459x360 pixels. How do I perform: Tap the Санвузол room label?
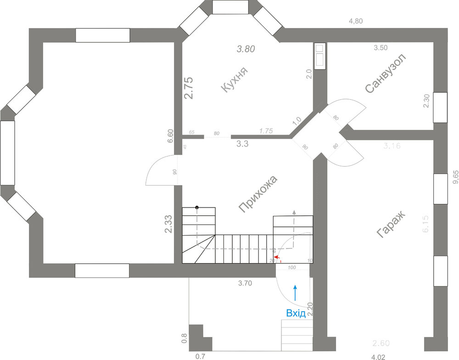(386, 73)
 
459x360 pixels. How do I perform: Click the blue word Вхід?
(296, 314)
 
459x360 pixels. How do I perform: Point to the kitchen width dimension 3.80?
(246, 48)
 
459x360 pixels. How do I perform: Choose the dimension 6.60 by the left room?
(171, 136)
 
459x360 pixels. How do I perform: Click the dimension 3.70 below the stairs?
(245, 283)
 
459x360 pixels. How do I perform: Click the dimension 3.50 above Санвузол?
(381, 47)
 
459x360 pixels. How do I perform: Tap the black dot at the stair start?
(197, 208)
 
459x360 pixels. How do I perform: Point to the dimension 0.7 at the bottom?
(201, 356)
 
